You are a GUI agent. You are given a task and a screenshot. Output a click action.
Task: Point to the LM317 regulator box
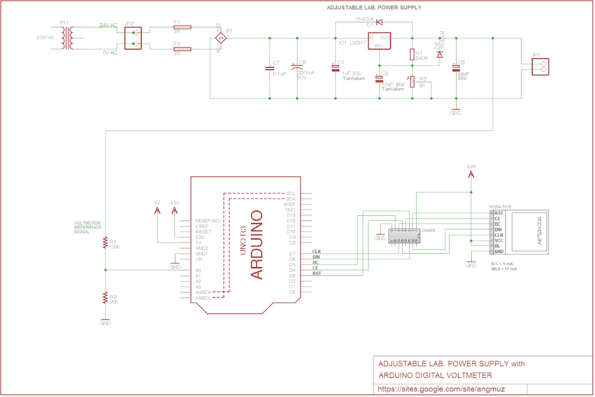tap(378, 41)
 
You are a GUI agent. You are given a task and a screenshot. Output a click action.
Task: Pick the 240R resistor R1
tap(412, 55)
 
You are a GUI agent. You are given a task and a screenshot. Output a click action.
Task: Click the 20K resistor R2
tap(105, 298)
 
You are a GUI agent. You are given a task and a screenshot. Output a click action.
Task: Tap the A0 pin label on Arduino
tap(198, 270)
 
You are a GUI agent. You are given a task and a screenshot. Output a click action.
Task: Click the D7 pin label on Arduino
tap(292, 254)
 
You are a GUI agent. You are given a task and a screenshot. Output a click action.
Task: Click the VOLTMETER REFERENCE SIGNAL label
tap(88, 228)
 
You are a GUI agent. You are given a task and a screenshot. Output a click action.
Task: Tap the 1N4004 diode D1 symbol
tap(379, 23)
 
